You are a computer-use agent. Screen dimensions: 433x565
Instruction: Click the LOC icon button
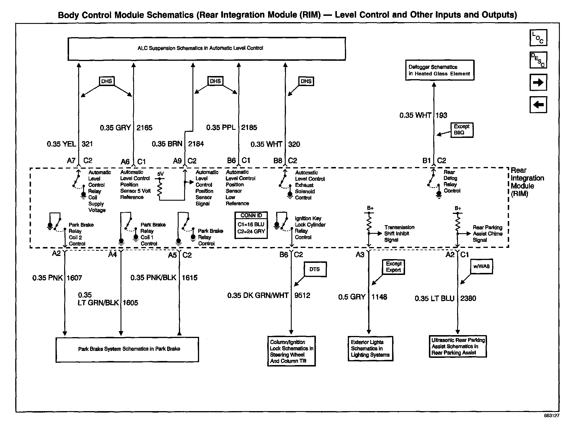point(538,38)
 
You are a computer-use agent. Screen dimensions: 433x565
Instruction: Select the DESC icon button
point(538,60)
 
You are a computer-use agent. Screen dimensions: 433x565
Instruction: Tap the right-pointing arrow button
point(538,82)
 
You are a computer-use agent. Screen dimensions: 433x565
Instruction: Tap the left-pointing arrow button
point(538,105)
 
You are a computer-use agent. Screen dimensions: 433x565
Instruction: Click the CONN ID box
point(251,225)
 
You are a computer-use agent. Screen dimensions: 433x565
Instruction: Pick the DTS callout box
point(315,269)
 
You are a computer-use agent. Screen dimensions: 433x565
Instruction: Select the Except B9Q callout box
point(461,130)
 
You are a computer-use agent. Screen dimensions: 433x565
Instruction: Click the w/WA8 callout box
point(481,266)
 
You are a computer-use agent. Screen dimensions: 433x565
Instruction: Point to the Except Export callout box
point(393,267)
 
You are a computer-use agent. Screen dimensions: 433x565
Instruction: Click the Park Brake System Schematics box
point(127,349)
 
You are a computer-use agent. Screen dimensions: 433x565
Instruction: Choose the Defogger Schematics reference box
point(439,70)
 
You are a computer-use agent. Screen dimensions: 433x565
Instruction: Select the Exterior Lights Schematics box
point(370,348)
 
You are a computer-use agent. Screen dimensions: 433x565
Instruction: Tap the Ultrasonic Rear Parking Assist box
point(457,346)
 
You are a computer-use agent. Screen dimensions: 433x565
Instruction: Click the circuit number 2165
point(144,128)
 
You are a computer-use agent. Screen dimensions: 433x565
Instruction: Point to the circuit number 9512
point(302,295)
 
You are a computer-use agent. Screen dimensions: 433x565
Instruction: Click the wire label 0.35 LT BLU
point(434,298)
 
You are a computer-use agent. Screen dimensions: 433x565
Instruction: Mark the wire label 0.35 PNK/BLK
point(153,278)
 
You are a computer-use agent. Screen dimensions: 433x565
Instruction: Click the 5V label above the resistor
point(161,174)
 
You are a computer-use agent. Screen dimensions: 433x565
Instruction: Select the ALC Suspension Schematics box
point(207,48)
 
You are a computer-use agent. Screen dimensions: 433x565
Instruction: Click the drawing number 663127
point(551,416)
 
